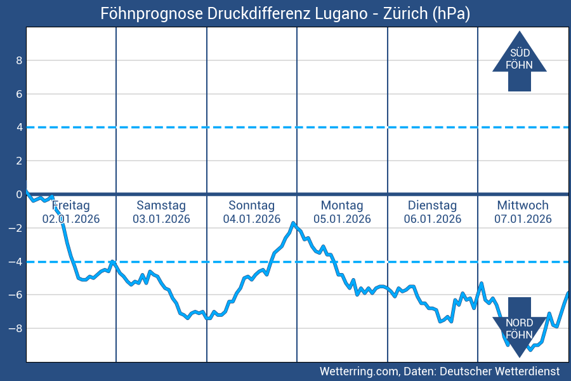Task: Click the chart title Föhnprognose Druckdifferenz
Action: tap(285, 13)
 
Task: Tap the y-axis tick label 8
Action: tap(19, 60)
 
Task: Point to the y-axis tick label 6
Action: tap(19, 94)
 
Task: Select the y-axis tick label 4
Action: tap(19, 128)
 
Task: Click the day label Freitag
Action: tap(71, 206)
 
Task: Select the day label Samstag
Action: tap(161, 206)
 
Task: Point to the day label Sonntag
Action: tap(251, 206)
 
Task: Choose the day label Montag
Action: tap(342, 206)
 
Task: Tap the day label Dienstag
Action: tap(432, 206)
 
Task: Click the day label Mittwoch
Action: tap(523, 206)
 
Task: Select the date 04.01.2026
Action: tap(251, 219)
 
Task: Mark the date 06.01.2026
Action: tap(432, 219)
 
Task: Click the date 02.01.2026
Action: tap(71, 219)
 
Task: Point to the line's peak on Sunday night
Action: tap(292, 223)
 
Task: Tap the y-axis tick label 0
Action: tap(19, 194)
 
